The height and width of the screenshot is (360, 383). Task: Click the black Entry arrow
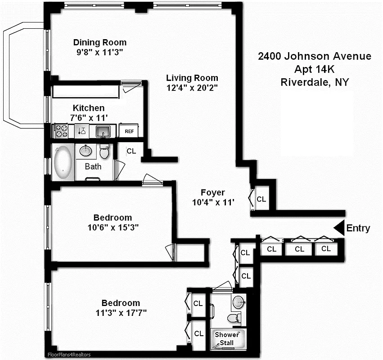(x=338, y=228)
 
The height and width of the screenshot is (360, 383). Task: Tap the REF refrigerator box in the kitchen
(x=129, y=131)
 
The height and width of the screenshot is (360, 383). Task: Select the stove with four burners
(x=61, y=131)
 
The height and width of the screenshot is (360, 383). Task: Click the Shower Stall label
(x=226, y=339)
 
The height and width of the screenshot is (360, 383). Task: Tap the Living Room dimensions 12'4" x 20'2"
(x=192, y=88)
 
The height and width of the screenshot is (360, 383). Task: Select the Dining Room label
(x=100, y=43)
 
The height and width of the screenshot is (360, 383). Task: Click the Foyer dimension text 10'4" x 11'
(x=213, y=202)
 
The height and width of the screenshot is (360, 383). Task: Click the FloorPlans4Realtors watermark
(x=69, y=355)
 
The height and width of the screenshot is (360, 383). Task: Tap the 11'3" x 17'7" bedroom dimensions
(x=121, y=312)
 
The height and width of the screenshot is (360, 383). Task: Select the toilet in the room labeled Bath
(x=104, y=153)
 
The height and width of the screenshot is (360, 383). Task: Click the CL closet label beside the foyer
(x=261, y=199)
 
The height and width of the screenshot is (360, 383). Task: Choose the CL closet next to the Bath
(x=131, y=152)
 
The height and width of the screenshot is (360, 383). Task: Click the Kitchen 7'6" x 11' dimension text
(x=89, y=117)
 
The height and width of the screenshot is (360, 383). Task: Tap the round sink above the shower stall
(x=238, y=301)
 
